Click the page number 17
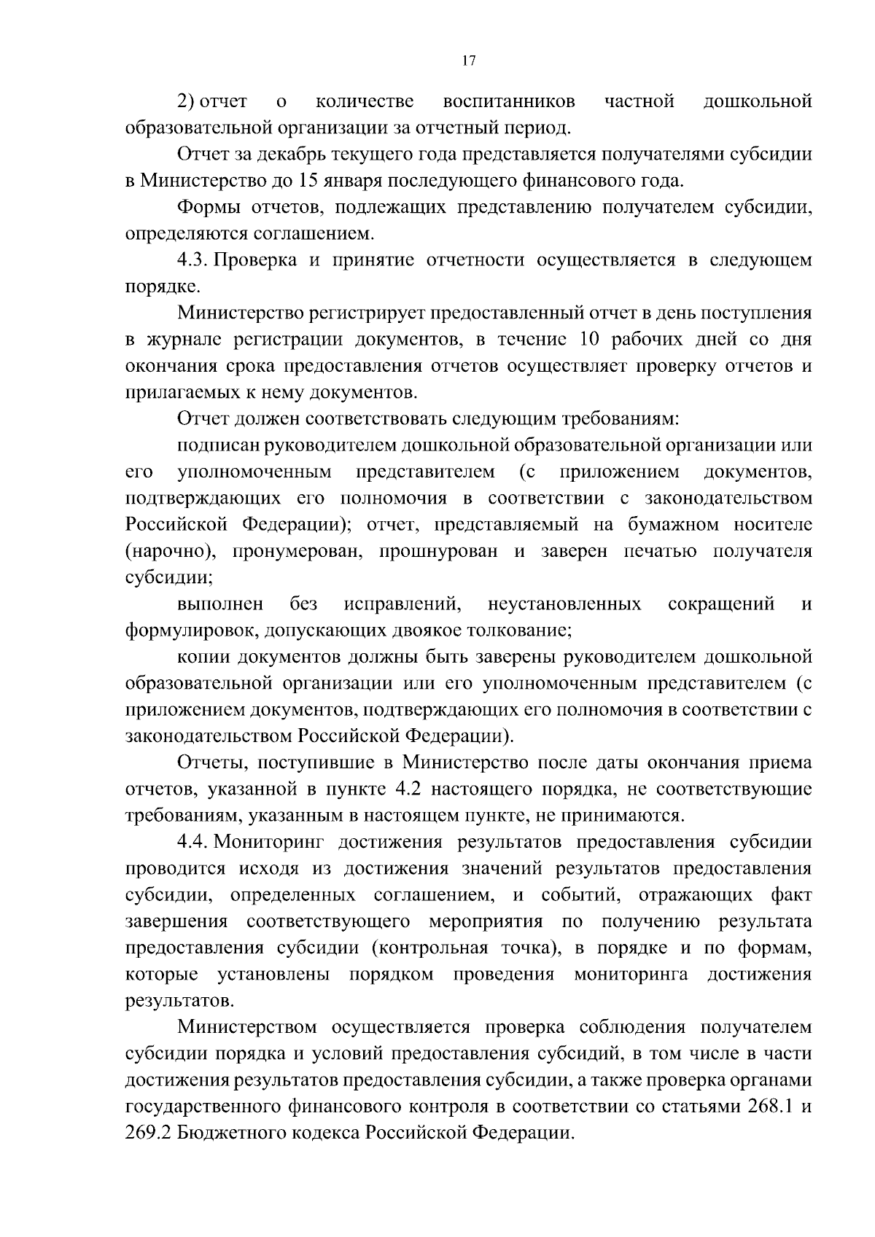click(x=469, y=61)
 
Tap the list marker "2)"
click(x=187, y=101)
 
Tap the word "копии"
click(x=203, y=657)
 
